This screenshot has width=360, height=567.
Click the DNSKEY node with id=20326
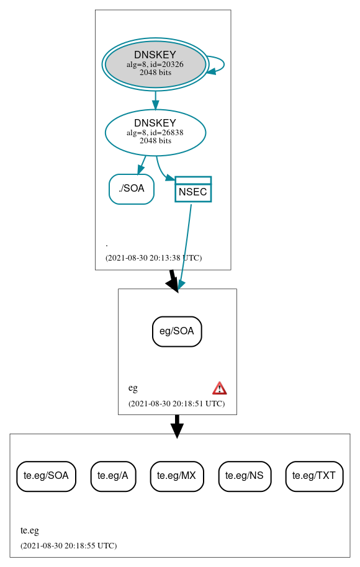155,65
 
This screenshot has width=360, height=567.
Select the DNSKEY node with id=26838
155,132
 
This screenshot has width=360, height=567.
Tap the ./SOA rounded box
132,189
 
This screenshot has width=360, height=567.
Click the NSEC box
193,190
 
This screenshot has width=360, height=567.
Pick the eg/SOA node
177,331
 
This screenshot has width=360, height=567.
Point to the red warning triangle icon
220,388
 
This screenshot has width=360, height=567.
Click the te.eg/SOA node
47,476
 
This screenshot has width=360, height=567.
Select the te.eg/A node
113,476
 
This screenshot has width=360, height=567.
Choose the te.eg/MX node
177,476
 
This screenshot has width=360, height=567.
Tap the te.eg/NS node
245,476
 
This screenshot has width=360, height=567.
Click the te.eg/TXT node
314,476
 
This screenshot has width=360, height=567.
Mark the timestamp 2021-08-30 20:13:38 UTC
153,258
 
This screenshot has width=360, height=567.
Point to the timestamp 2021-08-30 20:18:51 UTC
176,404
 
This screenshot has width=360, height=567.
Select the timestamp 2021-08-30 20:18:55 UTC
68,546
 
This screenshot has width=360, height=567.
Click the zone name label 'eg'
133,388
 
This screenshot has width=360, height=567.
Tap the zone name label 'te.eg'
30,530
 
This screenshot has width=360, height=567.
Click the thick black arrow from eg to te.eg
177,425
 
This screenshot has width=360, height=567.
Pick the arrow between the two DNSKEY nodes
155,100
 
